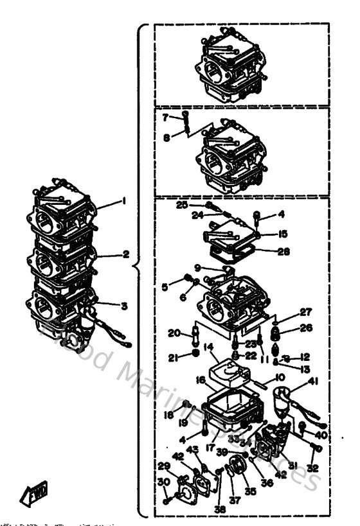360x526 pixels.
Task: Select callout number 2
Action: (127, 254)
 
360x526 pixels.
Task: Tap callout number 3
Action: (125, 305)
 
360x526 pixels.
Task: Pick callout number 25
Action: (182, 204)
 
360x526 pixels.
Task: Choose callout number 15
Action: (283, 234)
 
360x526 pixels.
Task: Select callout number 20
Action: (173, 333)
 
